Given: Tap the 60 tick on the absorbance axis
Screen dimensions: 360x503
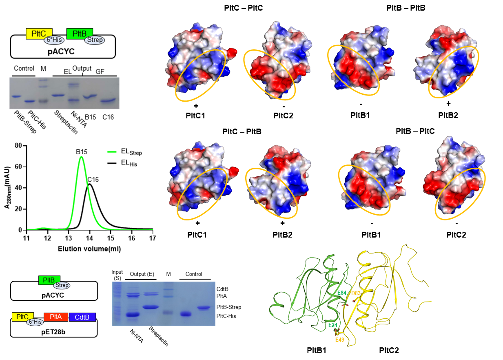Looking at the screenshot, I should (x=18, y=167).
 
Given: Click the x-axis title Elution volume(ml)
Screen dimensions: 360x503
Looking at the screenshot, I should (x=89, y=248).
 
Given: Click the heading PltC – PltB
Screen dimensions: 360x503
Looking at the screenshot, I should (x=242, y=132).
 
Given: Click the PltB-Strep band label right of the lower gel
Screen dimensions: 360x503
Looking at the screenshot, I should (x=233, y=307).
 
